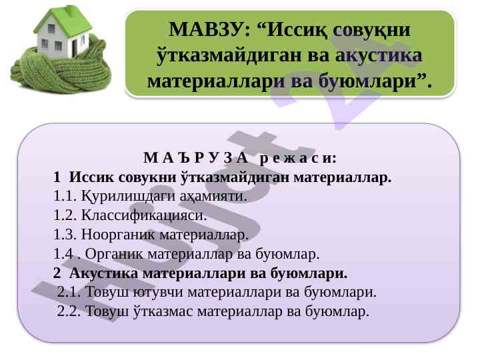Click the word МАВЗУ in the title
(209, 29)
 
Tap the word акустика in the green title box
(379, 55)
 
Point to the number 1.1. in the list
(65, 196)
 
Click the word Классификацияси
(144, 215)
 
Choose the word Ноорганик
(118, 235)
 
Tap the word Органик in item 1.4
(114, 254)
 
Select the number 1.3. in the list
(65, 235)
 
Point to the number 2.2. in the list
(69, 311)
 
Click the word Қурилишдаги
(128, 197)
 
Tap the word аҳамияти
(213, 197)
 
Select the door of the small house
(75, 48)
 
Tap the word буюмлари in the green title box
(368, 82)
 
